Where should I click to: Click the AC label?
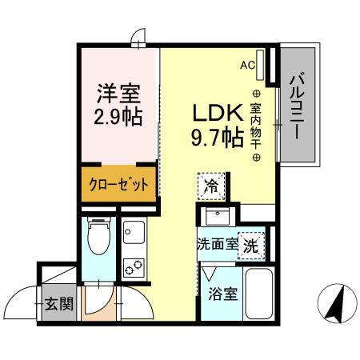pos(249,66)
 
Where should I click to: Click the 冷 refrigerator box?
pos(211,186)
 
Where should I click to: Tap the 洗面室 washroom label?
pos(218,245)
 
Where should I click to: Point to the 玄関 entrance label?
pos(57,303)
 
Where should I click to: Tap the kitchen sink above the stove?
pos(133,233)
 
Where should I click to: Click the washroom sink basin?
pos(216,216)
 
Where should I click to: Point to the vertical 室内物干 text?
pos(256,119)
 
